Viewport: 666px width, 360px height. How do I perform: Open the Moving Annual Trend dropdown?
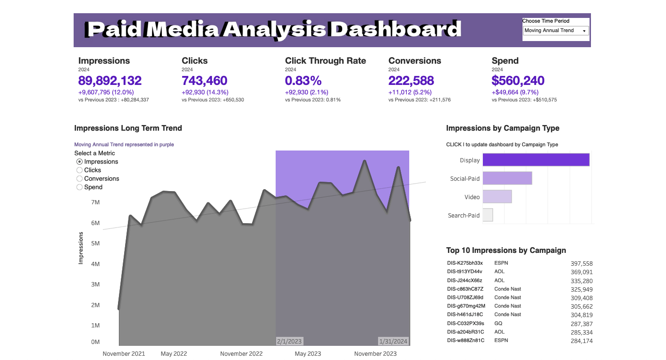pyautogui.click(x=556, y=31)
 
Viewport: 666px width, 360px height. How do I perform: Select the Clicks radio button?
pyautogui.click(x=80, y=170)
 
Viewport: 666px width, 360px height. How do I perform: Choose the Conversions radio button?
pyautogui.click(x=80, y=179)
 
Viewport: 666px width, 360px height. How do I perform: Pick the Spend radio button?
pyautogui.click(x=80, y=187)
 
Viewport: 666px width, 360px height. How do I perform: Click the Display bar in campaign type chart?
pyautogui.click(x=536, y=160)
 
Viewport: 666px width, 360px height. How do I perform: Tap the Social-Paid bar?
pyautogui.click(x=507, y=178)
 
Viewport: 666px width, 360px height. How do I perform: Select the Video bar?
pyautogui.click(x=497, y=197)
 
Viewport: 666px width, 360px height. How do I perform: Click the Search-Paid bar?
pyautogui.click(x=488, y=215)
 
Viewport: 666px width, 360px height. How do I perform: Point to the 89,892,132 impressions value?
pyautogui.click(x=110, y=81)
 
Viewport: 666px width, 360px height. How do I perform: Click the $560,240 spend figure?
pyautogui.click(x=518, y=81)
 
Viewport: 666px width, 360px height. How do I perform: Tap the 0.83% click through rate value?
pyautogui.click(x=303, y=81)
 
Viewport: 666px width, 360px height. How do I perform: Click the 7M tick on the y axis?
pyautogui.click(x=95, y=202)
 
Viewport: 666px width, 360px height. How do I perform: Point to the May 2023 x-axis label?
pyautogui.click(x=308, y=354)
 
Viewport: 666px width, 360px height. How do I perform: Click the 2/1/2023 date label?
pyautogui.click(x=289, y=341)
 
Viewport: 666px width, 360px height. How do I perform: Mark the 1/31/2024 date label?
pyautogui.click(x=393, y=341)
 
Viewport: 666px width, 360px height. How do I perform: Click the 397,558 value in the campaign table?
pyautogui.click(x=582, y=264)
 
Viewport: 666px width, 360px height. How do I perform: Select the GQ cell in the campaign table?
pyautogui.click(x=498, y=324)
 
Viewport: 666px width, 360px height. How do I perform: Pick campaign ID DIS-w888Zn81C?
pyautogui.click(x=465, y=341)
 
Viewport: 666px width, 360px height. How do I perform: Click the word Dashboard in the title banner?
pyautogui.click(x=396, y=30)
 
